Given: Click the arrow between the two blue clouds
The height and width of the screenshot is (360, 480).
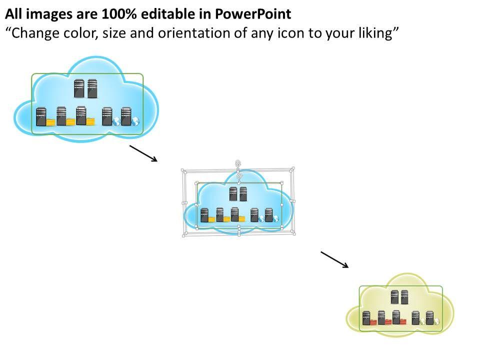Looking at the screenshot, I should [143, 153].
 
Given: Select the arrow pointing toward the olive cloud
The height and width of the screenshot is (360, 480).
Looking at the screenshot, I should [334, 259].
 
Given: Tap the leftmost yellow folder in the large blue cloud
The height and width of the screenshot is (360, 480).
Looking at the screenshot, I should [50, 121].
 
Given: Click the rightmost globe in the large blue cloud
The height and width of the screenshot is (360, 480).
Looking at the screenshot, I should [135, 121].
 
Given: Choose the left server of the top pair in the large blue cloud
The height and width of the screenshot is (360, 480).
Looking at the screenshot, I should [79, 88].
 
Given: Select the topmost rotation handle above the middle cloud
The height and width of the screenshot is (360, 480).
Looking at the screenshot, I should [238, 163].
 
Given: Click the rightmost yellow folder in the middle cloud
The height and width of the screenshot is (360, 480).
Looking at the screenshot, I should [242, 218].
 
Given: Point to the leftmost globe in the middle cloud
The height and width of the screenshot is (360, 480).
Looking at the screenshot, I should [261, 218].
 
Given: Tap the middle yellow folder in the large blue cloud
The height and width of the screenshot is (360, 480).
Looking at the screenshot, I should [70, 121].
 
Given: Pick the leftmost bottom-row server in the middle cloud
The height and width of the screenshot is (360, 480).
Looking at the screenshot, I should [204, 215].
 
